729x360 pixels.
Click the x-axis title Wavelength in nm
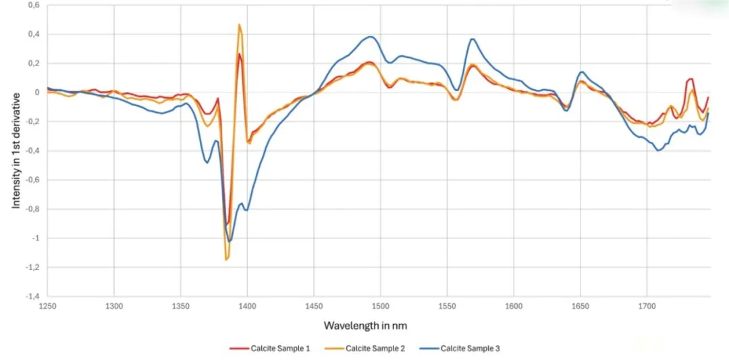tap(365, 326)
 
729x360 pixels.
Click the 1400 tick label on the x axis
tap(247, 306)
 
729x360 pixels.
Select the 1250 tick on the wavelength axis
tap(47, 306)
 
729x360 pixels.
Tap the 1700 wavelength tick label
tap(647, 306)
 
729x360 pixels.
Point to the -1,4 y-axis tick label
tap(31, 297)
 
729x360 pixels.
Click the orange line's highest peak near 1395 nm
tap(240, 25)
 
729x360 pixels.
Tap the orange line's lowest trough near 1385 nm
tap(227, 259)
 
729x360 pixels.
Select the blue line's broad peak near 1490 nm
tap(371, 36)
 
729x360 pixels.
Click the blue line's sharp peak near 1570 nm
tap(472, 39)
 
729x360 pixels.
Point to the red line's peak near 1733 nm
tap(691, 79)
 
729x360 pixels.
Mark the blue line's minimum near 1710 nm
tap(658, 150)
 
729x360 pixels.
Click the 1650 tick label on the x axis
tap(580, 306)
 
